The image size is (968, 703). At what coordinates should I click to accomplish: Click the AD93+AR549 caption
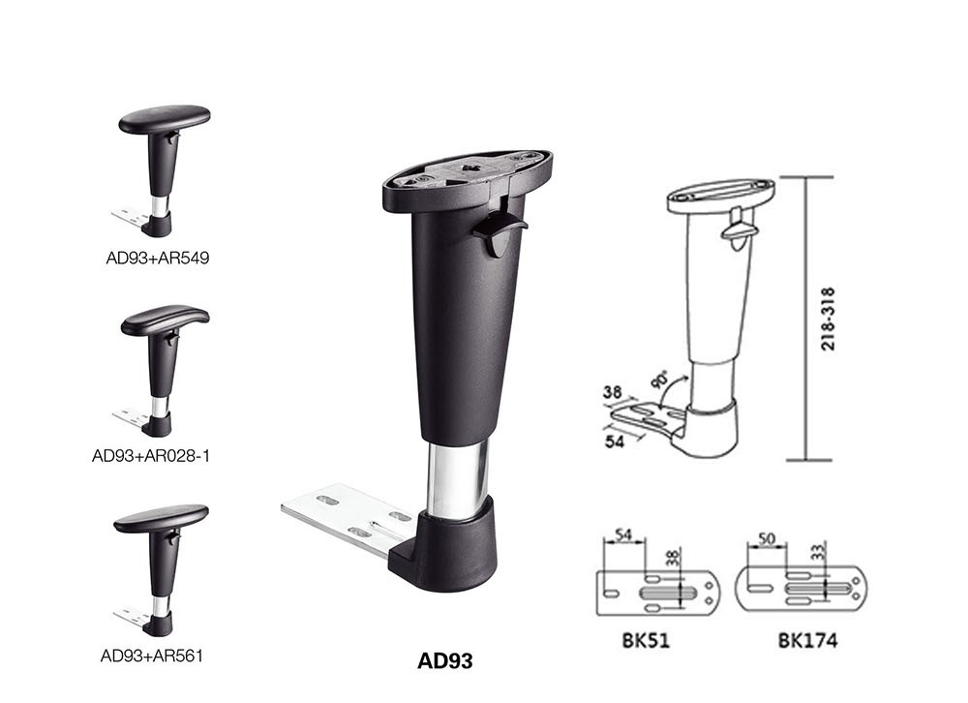click(x=158, y=259)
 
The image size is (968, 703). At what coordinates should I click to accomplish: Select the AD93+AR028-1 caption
click(x=151, y=454)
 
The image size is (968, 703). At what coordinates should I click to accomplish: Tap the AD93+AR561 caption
click(x=152, y=656)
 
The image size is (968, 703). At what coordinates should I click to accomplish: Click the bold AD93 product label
click(x=445, y=662)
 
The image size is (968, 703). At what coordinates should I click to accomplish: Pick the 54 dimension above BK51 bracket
click(x=624, y=536)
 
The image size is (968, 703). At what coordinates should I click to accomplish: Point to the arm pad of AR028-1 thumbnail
click(x=165, y=320)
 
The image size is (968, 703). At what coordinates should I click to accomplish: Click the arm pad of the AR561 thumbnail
click(x=161, y=518)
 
